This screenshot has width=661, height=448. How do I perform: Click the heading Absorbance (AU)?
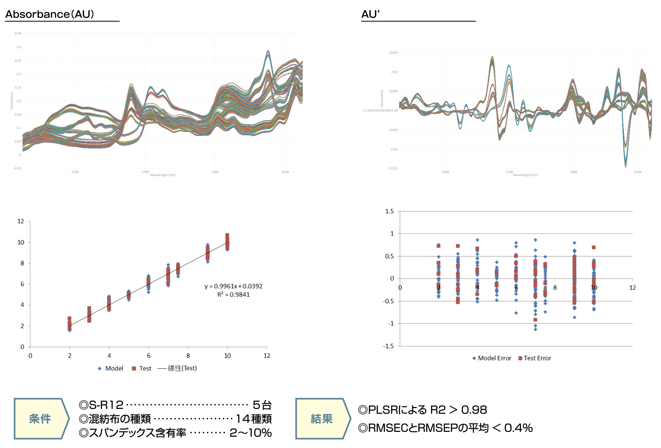pyautogui.click(x=49, y=14)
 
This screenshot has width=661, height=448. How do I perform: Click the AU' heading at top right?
pyautogui.click(x=370, y=14)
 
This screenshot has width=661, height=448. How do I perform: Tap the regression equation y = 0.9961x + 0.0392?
pyautogui.click(x=233, y=286)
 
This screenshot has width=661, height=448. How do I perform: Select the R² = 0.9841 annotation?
pyautogui.click(x=233, y=295)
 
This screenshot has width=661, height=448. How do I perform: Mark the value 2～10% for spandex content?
pyautogui.click(x=250, y=433)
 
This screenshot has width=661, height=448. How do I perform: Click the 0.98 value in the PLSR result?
pyautogui.click(x=474, y=410)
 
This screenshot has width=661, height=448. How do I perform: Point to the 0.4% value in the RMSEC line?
pyautogui.click(x=518, y=428)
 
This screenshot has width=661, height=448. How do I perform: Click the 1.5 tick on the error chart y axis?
pyautogui.click(x=389, y=211)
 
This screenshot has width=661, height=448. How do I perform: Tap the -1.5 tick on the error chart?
pyautogui.click(x=388, y=346)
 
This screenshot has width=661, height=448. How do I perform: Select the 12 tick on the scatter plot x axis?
pyautogui.click(x=267, y=356)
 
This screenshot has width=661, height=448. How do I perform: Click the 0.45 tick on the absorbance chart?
pyautogui.click(x=18, y=34)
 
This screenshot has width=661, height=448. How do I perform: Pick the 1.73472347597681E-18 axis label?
pyautogui.click(x=380, y=111)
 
